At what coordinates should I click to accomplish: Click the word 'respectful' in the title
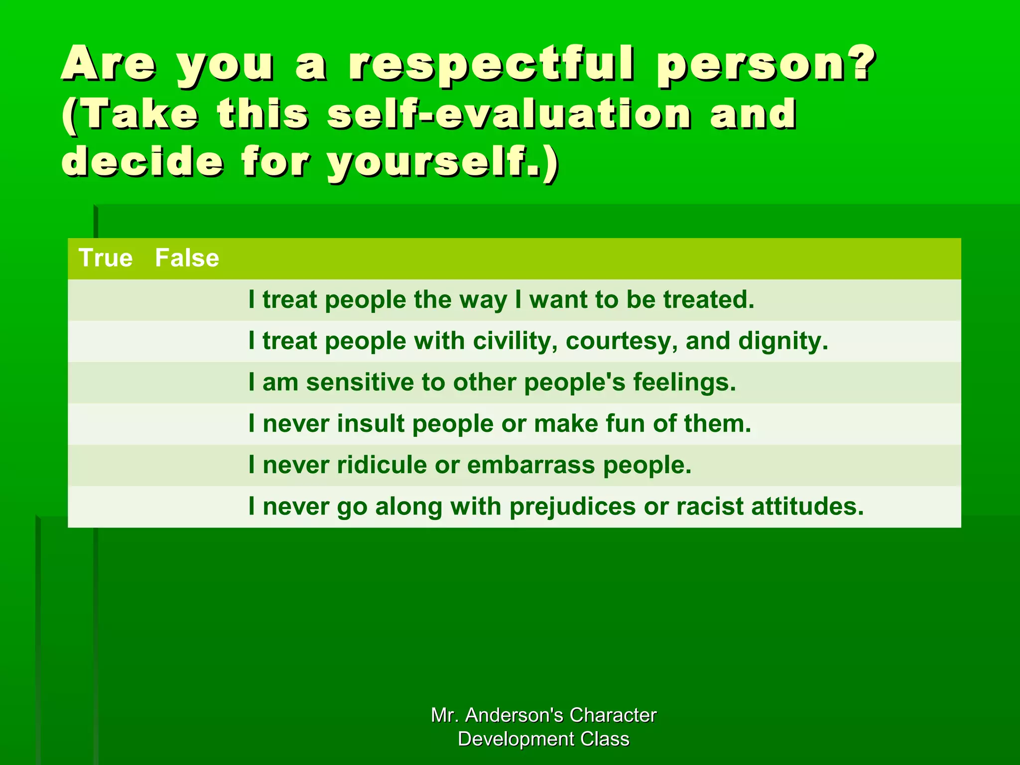pyautogui.click(x=491, y=65)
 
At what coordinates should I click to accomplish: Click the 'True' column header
pyautogui.click(x=106, y=258)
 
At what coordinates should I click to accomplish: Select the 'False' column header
pyautogui.click(x=187, y=258)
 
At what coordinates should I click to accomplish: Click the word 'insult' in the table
pyautogui.click(x=371, y=424)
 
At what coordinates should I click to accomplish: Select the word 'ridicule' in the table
pyautogui.click(x=382, y=465)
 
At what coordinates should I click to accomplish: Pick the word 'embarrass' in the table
pyautogui.click(x=531, y=465)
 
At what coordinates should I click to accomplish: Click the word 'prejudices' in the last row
pyautogui.click(x=572, y=507)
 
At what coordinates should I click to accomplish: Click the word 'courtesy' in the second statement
pyautogui.click(x=621, y=341)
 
